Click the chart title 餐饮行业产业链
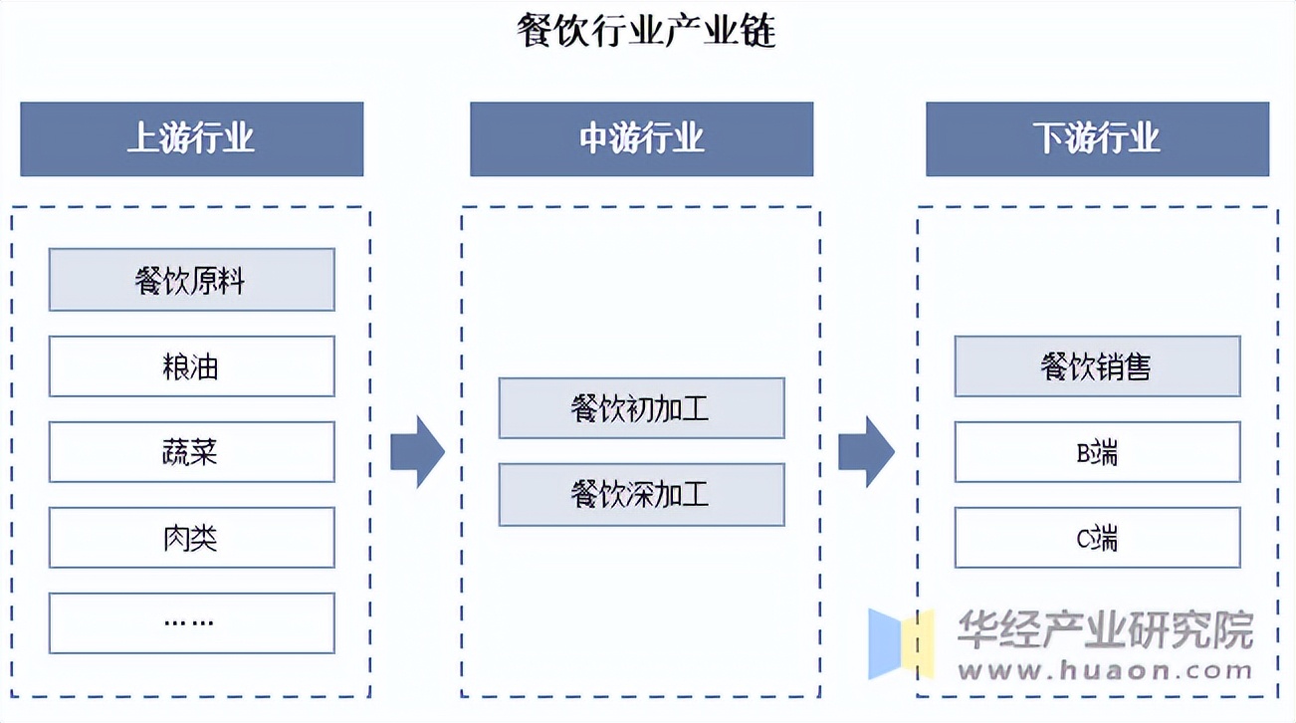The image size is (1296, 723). tap(647, 31)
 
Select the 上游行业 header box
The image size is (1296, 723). tap(191, 138)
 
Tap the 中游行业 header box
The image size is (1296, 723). tap(641, 138)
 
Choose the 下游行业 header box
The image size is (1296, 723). tap(1097, 138)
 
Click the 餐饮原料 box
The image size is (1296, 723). tap(191, 280)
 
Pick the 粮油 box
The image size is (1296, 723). tap(191, 366)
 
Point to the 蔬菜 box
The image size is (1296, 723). tap(191, 452)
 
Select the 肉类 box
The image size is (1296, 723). tap(191, 538)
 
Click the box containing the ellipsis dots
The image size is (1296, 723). tap(191, 623)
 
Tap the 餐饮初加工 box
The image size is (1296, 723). tap(641, 408)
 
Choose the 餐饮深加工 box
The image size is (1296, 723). tap(641, 494)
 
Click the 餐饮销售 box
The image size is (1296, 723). tap(1097, 366)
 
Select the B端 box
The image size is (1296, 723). tap(1097, 452)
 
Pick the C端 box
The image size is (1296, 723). tap(1097, 538)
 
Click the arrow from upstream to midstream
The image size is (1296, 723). tap(417, 451)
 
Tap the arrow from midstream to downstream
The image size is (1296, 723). tap(866, 451)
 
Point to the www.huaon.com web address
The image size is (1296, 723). tap(1105, 670)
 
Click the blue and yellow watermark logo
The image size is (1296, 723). tap(901, 643)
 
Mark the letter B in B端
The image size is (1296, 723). tap(1084, 453)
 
